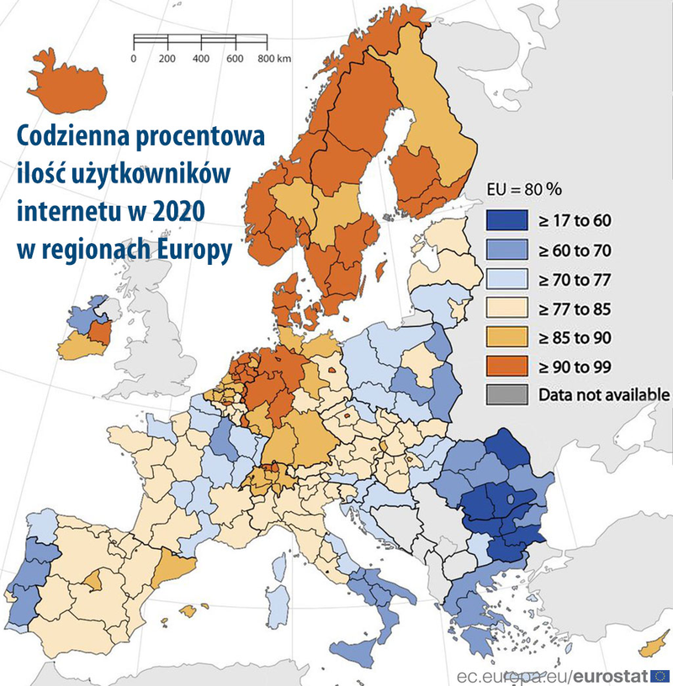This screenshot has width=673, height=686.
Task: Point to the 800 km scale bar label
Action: point(273,59)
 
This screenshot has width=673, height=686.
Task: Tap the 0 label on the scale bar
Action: point(134,59)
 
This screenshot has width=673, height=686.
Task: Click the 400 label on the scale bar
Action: point(201,59)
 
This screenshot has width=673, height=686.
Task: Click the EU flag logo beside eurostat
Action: point(660,674)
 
